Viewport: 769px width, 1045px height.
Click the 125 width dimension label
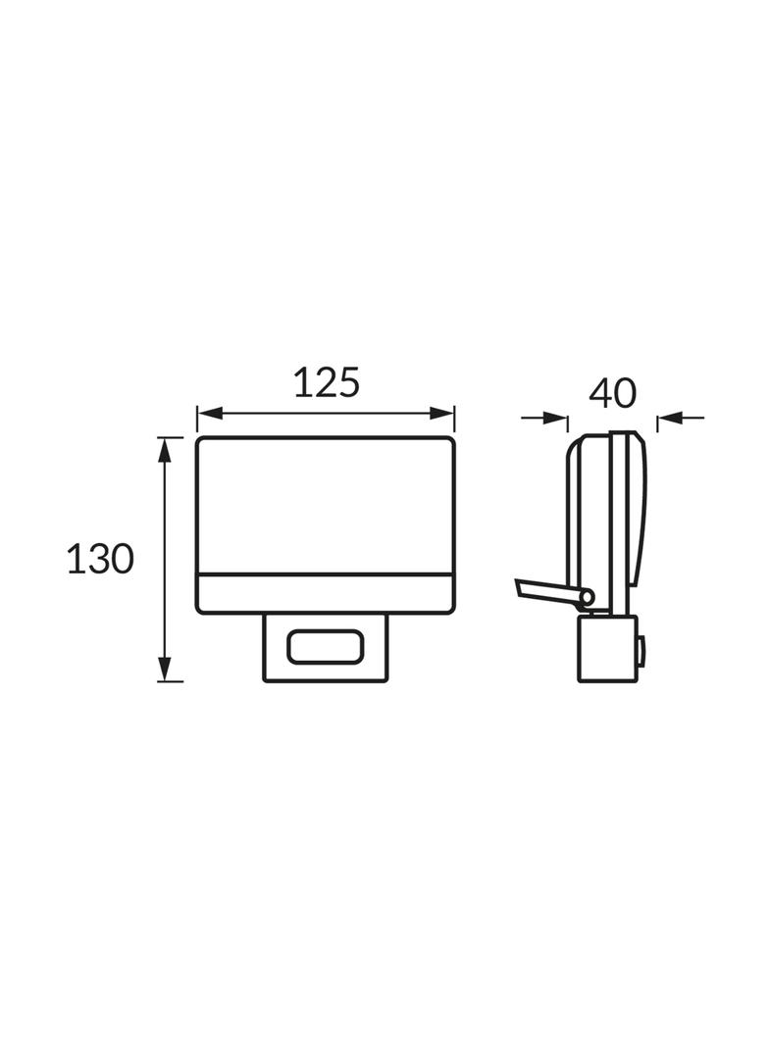coord(327,382)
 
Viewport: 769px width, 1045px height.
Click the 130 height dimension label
coord(101,558)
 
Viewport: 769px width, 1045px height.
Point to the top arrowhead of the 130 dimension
coord(164,450)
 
